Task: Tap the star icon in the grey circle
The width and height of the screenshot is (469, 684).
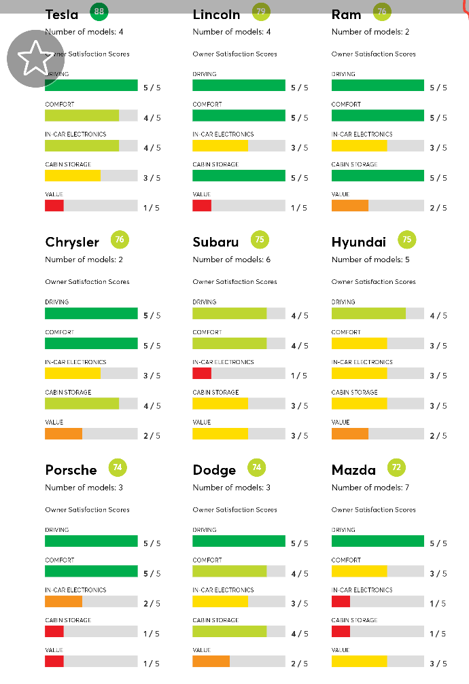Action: [35, 58]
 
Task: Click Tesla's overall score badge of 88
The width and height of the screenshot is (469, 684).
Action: [99, 12]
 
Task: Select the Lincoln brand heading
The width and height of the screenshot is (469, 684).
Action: [216, 14]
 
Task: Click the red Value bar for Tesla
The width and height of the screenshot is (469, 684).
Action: [54, 205]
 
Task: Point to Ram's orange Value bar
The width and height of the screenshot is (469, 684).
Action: [350, 205]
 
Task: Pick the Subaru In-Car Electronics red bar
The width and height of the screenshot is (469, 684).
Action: [202, 373]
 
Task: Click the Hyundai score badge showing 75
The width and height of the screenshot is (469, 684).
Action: [407, 240]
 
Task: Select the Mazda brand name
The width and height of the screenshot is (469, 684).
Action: [353, 470]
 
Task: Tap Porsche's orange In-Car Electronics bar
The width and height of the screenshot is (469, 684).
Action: [63, 601]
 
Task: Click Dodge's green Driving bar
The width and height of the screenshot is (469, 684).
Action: [239, 541]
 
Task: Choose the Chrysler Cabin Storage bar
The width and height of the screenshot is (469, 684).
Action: [82, 403]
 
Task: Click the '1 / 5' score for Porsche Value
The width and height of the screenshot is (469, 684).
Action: [152, 664]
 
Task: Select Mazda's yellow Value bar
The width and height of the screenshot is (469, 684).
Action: [359, 662]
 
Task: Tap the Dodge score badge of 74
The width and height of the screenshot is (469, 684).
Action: [257, 467]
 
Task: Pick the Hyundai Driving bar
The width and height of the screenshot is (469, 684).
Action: [368, 313]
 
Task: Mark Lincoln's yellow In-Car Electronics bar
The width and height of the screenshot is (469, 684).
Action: [220, 145]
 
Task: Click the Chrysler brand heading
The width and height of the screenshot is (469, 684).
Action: [72, 242]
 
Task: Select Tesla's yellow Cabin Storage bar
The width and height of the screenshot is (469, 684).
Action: [72, 175]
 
